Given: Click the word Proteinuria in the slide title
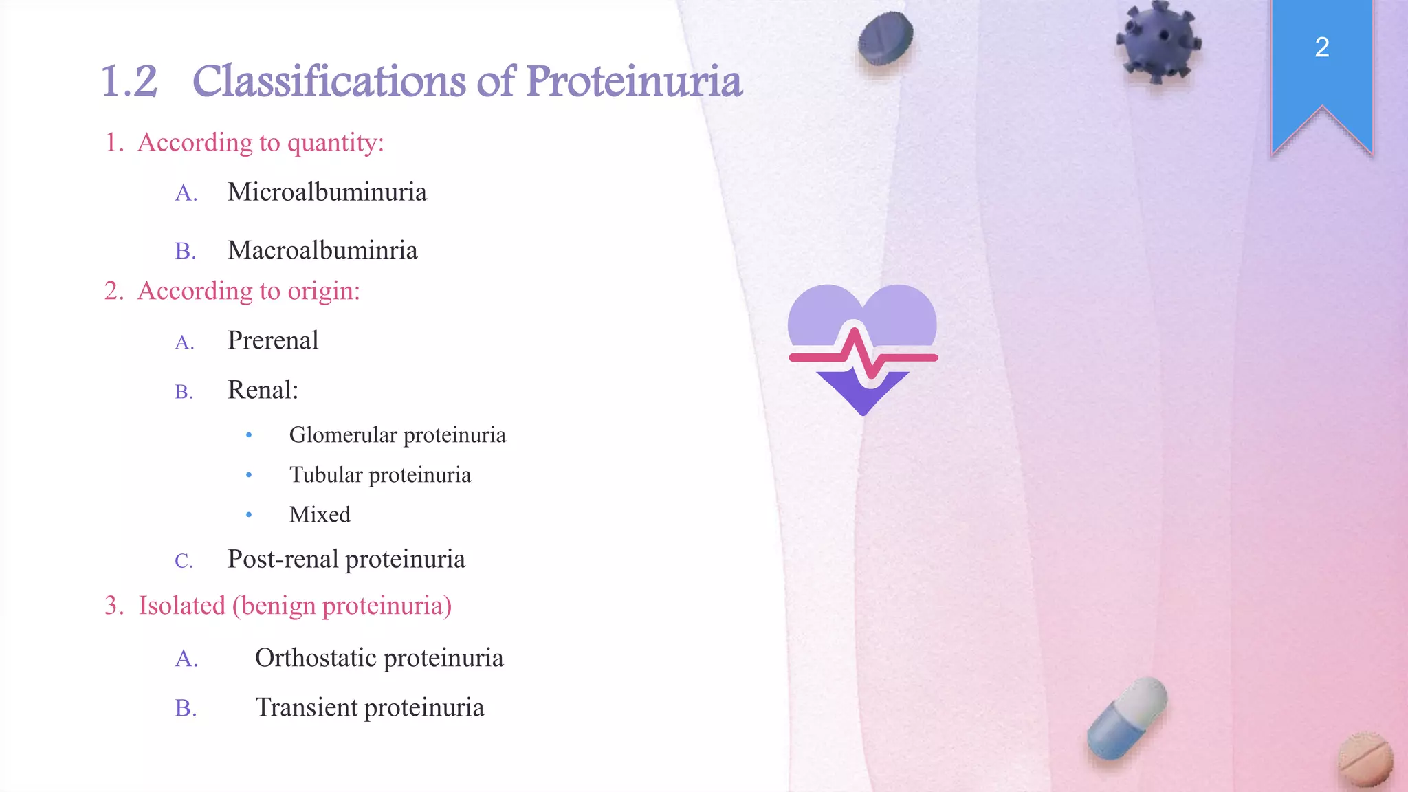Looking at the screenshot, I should click(x=634, y=82).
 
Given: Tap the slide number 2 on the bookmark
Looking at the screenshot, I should click(x=1321, y=47).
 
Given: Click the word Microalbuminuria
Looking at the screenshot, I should click(x=327, y=192).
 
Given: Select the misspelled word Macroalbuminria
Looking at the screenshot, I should click(x=322, y=250).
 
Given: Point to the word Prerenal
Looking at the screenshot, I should click(x=273, y=340).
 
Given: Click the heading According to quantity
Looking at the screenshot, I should click(x=261, y=143).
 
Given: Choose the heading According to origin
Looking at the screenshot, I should click(x=248, y=291).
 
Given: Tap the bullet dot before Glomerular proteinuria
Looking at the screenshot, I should click(x=249, y=435).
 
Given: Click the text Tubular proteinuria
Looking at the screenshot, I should click(x=379, y=475).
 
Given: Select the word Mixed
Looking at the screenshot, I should click(x=320, y=515).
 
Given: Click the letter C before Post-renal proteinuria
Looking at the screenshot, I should click(x=183, y=561).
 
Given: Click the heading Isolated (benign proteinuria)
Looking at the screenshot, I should click(x=295, y=606).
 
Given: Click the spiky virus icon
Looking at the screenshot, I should click(x=1158, y=41).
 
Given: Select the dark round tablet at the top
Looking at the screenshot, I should click(x=885, y=39).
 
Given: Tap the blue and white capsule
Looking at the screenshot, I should click(x=1126, y=718).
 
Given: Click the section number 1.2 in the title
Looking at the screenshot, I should click(x=129, y=82).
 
